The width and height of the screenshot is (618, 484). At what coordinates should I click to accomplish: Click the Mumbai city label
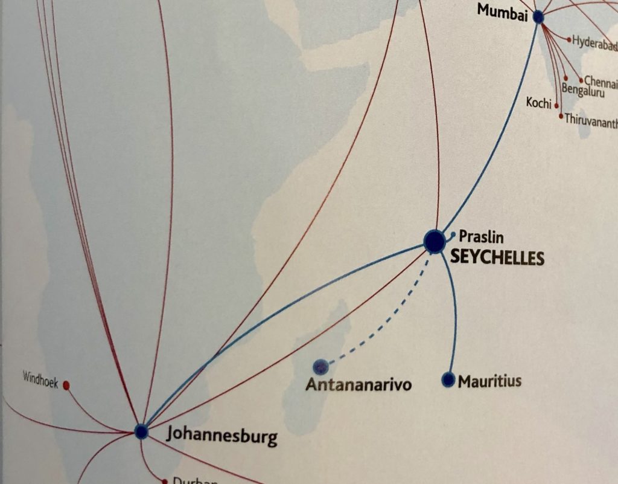click(502, 11)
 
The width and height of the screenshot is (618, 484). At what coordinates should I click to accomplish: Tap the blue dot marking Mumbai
click(538, 18)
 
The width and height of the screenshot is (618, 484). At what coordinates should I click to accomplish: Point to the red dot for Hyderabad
click(569, 40)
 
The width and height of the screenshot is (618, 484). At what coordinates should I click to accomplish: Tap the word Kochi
click(538, 103)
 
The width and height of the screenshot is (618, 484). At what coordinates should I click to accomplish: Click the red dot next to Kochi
click(556, 105)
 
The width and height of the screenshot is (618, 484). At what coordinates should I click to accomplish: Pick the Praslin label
click(481, 236)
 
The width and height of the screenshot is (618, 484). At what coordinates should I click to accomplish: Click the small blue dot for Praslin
click(453, 234)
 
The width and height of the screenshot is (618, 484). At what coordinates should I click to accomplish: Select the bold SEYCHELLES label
click(497, 258)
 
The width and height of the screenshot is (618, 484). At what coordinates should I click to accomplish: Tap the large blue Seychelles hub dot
click(435, 241)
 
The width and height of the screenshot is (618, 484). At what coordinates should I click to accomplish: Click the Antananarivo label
click(358, 384)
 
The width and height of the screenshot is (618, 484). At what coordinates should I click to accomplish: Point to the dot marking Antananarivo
click(320, 366)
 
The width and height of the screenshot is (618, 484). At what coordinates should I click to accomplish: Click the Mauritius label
click(489, 381)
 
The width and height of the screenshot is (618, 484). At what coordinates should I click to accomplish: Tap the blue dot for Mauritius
click(448, 379)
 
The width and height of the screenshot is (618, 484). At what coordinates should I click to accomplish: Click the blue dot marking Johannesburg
click(141, 431)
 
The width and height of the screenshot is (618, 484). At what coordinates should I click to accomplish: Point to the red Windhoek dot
click(66, 385)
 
